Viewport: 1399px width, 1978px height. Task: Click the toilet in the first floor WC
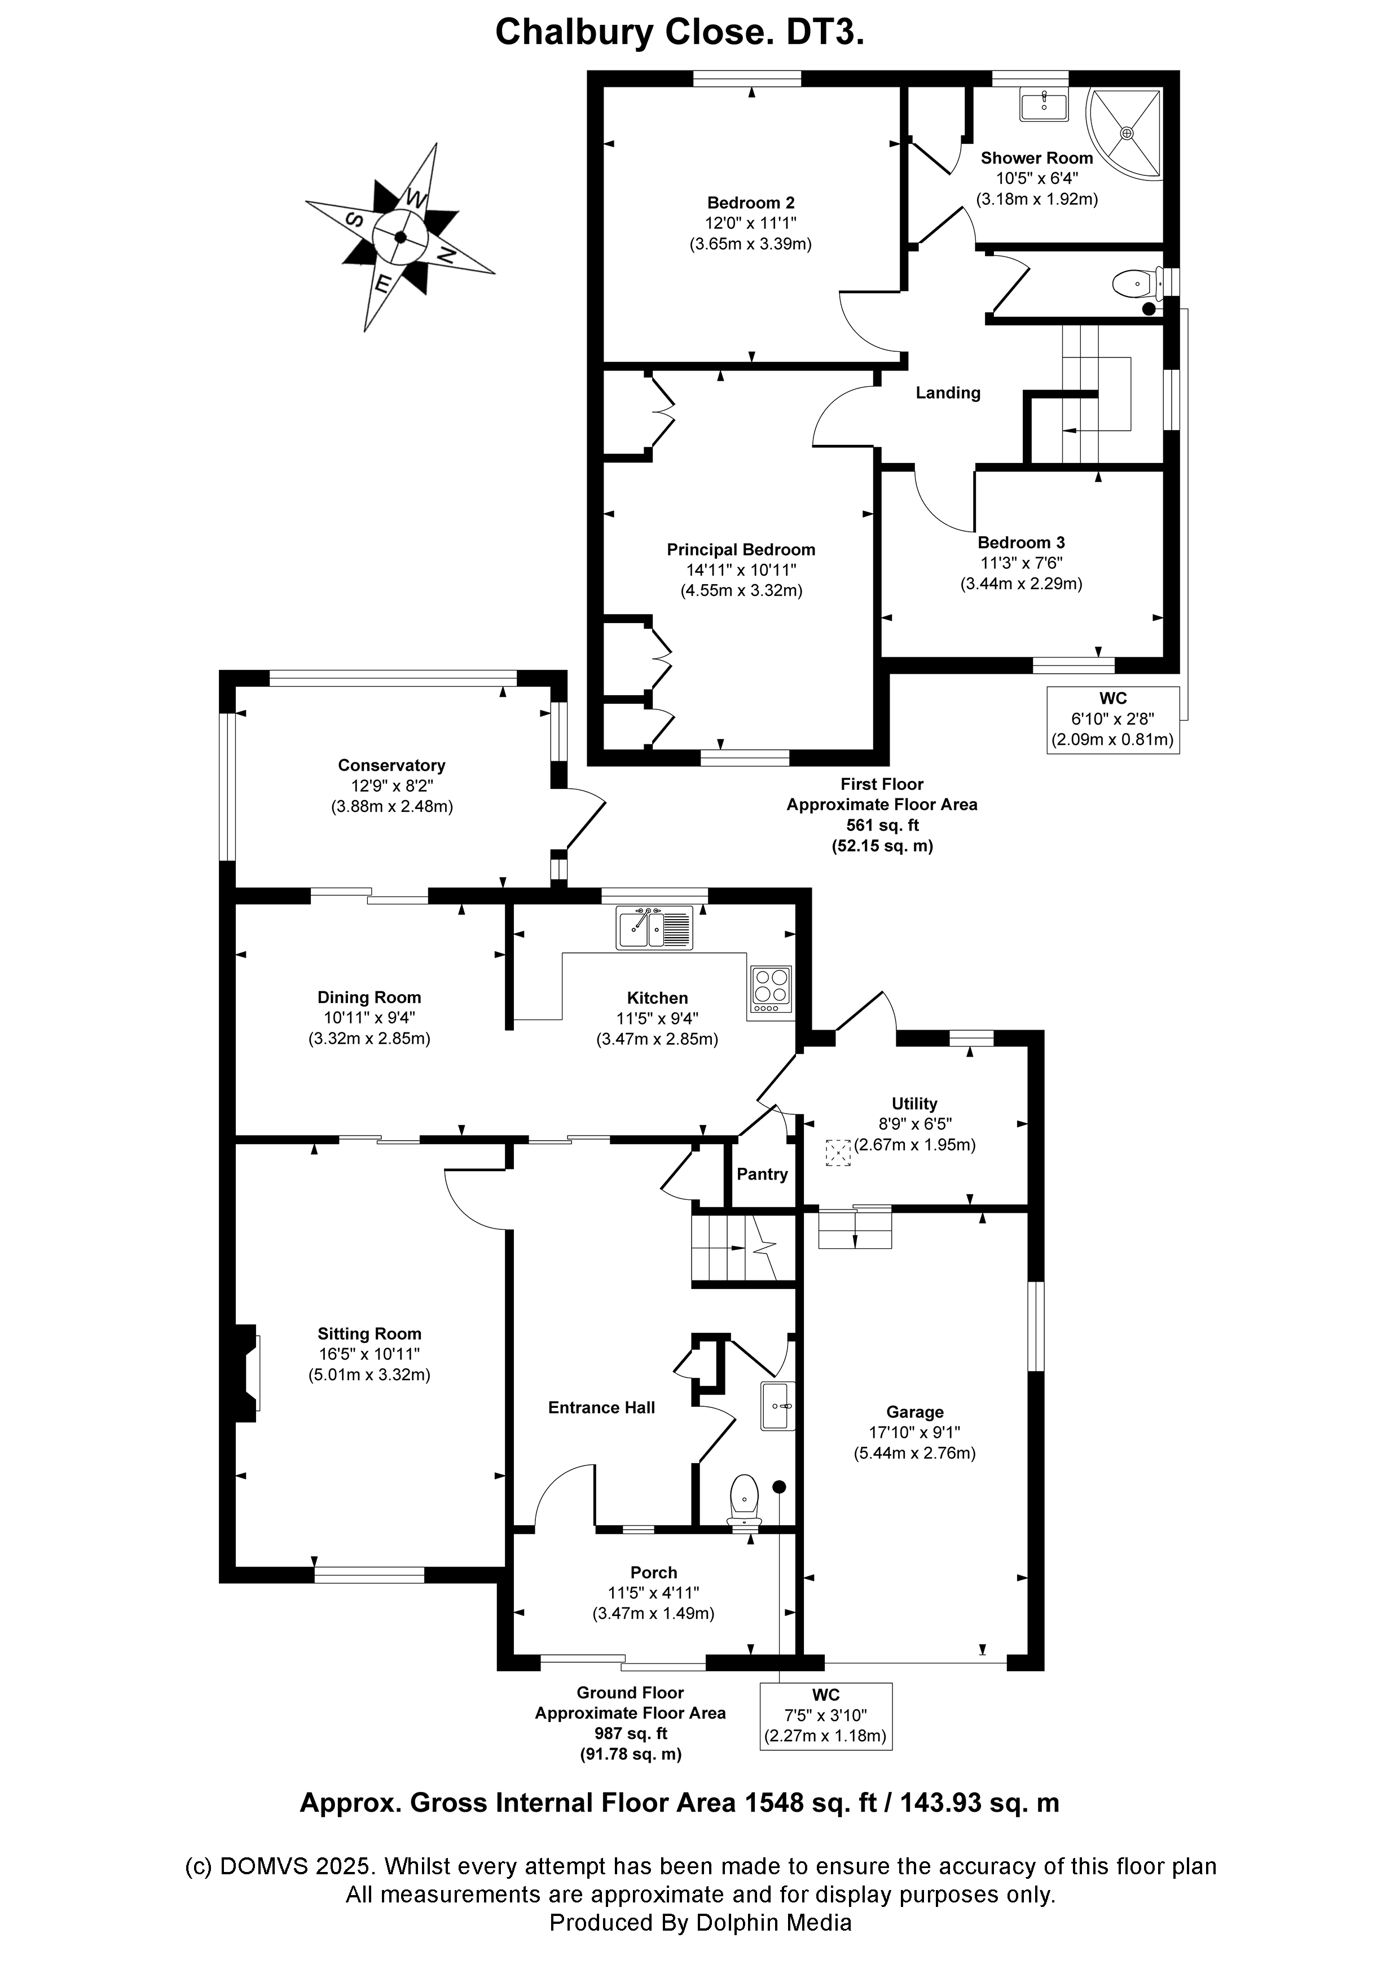pos(1134,282)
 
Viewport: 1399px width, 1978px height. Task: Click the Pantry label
pos(762,1174)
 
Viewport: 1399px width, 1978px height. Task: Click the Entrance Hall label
pos(602,1408)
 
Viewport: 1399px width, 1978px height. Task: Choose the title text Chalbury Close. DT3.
pos(679,33)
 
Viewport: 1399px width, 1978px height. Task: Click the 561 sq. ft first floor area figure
pos(882,825)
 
